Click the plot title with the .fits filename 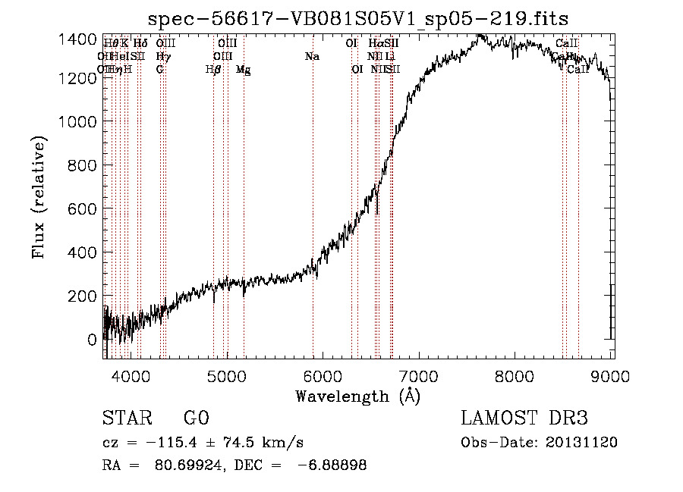pos(357,18)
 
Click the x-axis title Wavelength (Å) pos(357,396)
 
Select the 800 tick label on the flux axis pos(82,165)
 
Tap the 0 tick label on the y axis pos(92,340)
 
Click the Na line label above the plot pos(312,56)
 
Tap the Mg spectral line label pos(244,70)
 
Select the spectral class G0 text pos(196,418)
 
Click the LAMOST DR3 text pos(524,418)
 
